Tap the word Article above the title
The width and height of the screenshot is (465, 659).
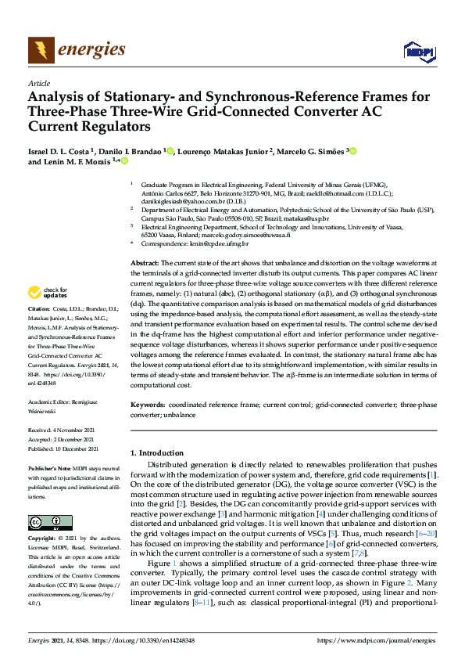coord(38,82)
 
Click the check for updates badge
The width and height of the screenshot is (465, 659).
coord(46,293)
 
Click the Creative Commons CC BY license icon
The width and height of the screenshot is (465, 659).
coord(45,522)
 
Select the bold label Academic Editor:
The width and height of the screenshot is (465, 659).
coord(48,401)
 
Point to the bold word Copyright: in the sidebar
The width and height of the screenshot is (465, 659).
coord(44,540)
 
